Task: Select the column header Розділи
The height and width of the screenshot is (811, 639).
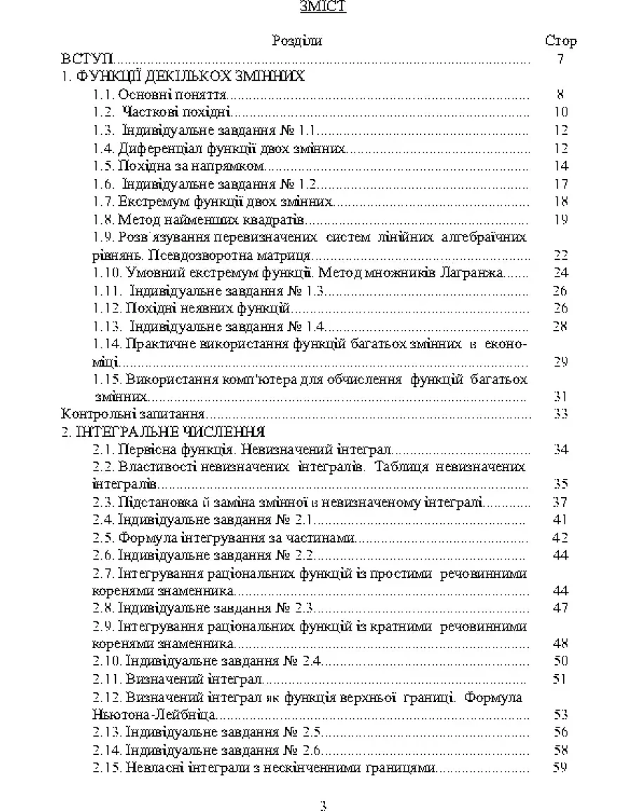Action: click(x=297, y=41)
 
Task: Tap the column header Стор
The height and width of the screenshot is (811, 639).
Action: click(x=560, y=41)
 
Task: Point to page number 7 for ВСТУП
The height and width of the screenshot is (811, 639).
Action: click(x=560, y=59)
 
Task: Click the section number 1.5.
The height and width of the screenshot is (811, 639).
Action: click(x=103, y=166)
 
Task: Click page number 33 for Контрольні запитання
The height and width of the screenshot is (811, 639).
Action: click(x=560, y=414)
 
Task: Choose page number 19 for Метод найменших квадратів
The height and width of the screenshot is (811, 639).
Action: click(x=560, y=220)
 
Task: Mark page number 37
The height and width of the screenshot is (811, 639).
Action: click(x=560, y=502)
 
